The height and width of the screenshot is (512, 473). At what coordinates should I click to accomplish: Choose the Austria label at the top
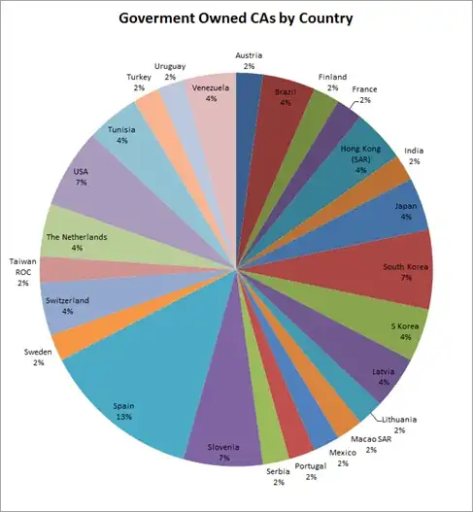click(250, 59)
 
